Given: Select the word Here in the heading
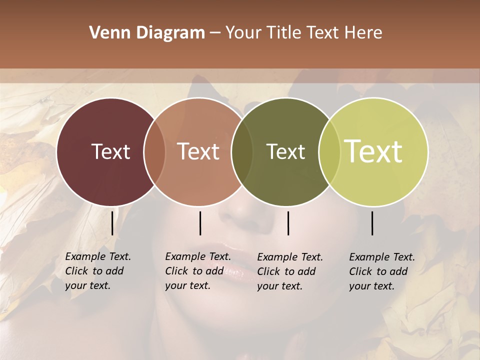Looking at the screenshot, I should (364, 33).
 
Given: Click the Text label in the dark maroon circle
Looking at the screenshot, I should (110, 151).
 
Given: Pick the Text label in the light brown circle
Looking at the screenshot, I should (198, 151).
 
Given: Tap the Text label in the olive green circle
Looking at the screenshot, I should (285, 151).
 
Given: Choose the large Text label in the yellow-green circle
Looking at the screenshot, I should (373, 151).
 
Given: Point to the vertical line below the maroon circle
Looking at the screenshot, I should (112, 222).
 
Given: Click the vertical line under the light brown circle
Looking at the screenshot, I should (200, 223).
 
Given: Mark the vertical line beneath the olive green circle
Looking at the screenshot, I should (288, 223).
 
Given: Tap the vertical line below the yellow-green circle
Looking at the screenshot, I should (372, 223).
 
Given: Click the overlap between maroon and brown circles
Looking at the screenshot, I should (154, 151).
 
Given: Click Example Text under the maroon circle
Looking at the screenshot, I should (98, 256).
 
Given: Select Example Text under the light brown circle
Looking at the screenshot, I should (198, 256).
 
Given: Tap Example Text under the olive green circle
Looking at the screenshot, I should (290, 257).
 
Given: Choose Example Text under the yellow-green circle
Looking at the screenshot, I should (382, 257).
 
